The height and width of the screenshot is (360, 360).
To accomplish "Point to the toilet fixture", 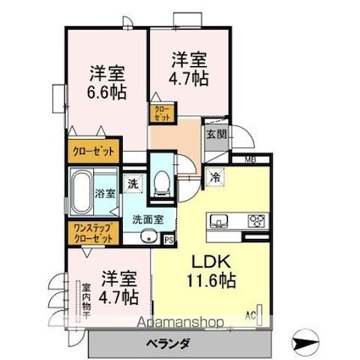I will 161,180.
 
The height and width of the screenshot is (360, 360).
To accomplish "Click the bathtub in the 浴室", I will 83,193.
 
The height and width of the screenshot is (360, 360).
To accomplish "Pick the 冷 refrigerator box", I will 215,178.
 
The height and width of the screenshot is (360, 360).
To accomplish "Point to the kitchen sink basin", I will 219,222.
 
